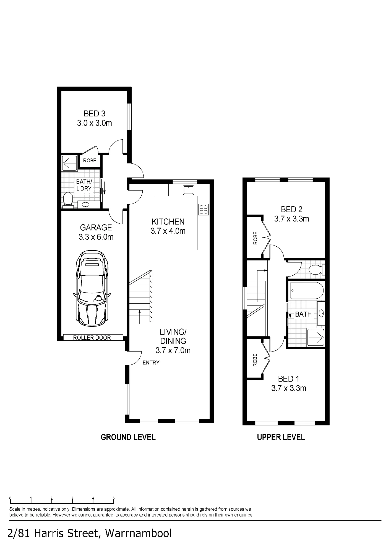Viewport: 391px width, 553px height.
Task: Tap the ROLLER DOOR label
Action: (92, 338)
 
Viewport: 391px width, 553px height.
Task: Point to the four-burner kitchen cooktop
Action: (204, 209)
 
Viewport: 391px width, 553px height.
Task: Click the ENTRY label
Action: (151, 362)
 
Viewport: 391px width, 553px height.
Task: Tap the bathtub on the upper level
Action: (306, 291)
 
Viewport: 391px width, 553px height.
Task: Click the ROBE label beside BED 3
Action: (90, 160)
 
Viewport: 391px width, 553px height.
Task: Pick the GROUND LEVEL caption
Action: (128, 437)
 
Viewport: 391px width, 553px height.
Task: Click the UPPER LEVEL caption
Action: (281, 437)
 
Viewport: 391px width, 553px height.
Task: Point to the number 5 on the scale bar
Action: (114, 499)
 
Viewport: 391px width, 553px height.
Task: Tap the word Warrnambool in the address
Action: (139, 533)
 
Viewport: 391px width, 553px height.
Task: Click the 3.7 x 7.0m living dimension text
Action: (173, 350)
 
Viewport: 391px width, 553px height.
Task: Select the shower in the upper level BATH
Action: (316, 337)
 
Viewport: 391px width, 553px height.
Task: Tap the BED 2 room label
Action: (292, 209)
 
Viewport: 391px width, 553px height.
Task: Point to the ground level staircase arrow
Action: (139, 317)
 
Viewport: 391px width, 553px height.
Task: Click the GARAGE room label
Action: (96, 228)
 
